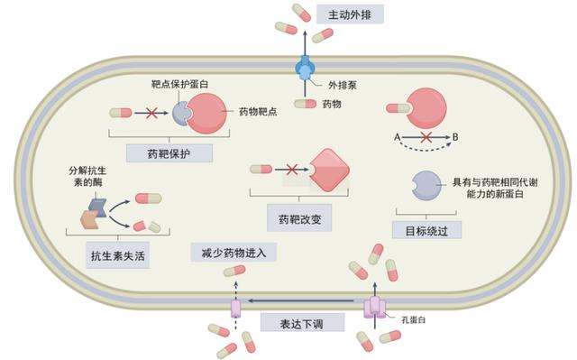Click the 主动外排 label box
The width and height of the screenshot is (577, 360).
[x=350, y=14]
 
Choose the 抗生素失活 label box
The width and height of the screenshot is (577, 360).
[x=117, y=255]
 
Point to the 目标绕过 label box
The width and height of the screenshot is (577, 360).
[x=426, y=229]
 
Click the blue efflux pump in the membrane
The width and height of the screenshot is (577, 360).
[x=304, y=68]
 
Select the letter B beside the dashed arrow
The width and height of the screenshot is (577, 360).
[x=455, y=136]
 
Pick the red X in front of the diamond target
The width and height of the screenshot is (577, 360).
[x=290, y=169]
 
